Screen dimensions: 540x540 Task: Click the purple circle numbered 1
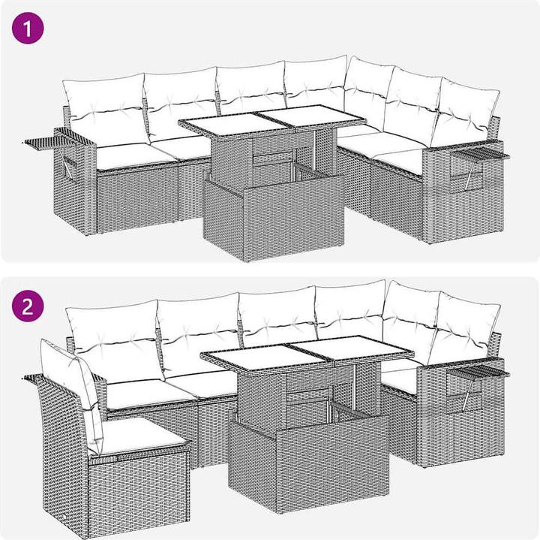click(x=28, y=29)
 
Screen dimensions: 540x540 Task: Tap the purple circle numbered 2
click(x=28, y=306)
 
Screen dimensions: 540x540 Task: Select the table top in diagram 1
click(x=272, y=120)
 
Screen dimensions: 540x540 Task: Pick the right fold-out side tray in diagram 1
click(x=480, y=155)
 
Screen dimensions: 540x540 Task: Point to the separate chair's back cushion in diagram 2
click(x=73, y=389)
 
